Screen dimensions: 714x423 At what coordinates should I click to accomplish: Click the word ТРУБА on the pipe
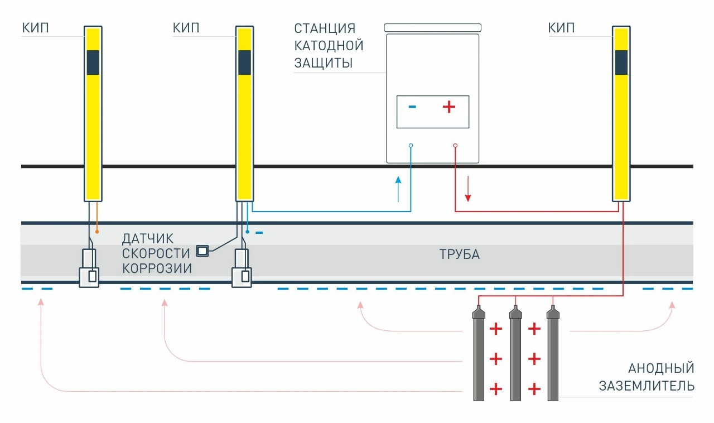coord(459,254)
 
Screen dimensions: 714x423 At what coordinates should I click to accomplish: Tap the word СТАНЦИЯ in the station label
coord(325,28)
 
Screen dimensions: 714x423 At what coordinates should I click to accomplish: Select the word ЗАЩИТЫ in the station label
coord(323,63)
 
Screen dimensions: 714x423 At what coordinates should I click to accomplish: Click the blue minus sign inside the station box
coord(412,107)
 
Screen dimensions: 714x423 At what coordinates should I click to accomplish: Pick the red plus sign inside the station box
coord(449,107)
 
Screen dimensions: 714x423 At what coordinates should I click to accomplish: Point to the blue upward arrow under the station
coord(398,189)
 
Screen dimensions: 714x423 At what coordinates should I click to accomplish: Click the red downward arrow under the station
coord(467,189)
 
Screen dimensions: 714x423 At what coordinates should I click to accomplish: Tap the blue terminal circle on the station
coord(411,146)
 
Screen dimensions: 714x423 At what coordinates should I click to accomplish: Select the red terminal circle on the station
coord(455,146)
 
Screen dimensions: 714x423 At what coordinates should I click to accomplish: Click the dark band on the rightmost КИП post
coord(621,63)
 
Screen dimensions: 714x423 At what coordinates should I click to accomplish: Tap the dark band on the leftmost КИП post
coord(93,63)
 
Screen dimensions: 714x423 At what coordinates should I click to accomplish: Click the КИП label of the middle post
coord(186,28)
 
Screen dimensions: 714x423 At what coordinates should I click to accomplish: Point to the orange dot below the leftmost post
coord(97,232)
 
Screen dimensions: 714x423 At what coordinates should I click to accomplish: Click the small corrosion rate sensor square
coord(202,251)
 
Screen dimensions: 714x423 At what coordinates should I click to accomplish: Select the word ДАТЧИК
coord(148,239)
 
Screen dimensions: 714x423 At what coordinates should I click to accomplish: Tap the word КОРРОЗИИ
coord(157,268)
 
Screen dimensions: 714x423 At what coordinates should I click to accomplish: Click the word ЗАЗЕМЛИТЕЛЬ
coord(647,386)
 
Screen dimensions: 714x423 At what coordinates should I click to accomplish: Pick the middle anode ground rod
coord(515,353)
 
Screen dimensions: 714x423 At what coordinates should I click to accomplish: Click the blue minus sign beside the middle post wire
coord(259,233)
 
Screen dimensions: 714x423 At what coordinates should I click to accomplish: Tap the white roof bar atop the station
coord(432,28)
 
